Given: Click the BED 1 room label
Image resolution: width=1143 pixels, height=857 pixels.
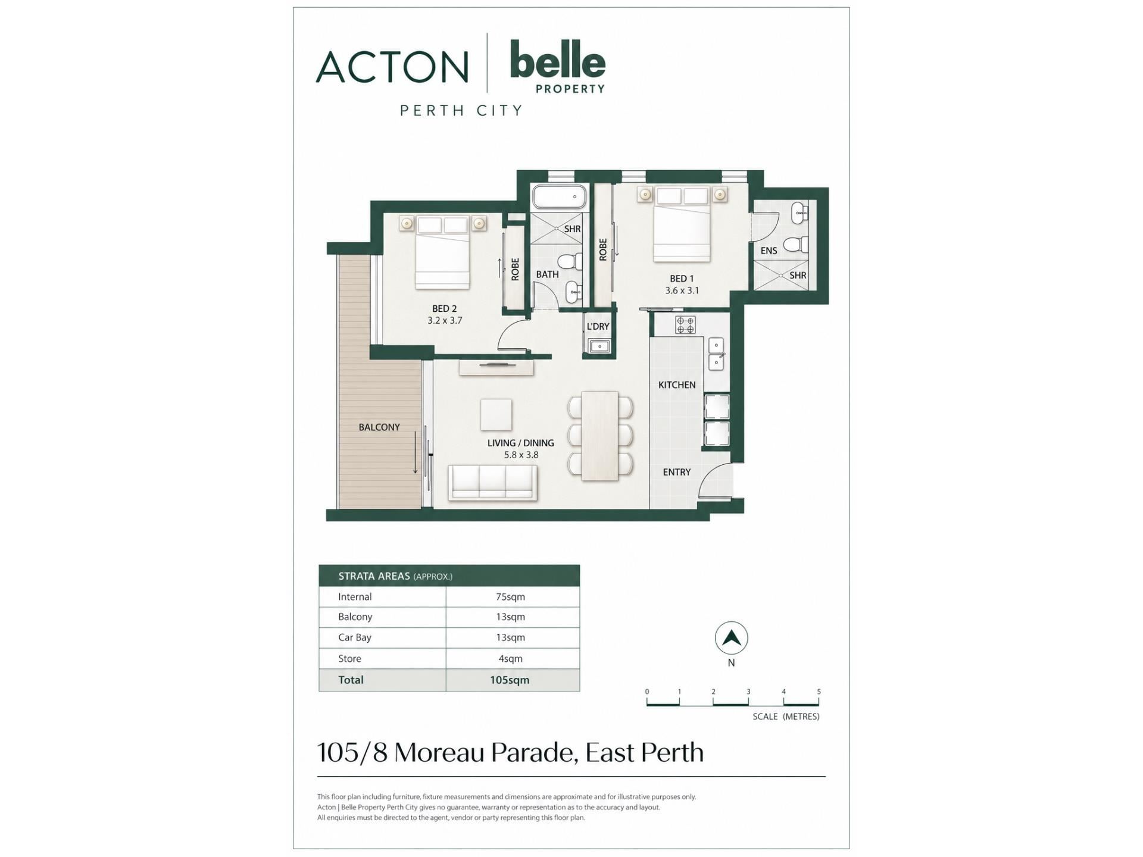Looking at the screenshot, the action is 682,279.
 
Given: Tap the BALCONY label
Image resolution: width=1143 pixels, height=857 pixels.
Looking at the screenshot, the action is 379,427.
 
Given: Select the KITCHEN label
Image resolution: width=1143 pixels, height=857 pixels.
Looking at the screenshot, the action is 677,385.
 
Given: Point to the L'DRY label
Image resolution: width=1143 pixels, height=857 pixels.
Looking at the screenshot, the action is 598,326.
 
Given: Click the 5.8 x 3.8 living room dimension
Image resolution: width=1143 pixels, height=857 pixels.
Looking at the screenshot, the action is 521,455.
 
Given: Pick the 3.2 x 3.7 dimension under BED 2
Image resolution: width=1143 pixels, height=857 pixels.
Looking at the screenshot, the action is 445,320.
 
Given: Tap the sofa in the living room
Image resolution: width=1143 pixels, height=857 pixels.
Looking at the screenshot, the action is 494,481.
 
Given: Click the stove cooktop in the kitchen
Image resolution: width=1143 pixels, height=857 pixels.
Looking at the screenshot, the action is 685,325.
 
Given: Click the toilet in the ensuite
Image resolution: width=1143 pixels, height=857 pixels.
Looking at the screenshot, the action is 796,245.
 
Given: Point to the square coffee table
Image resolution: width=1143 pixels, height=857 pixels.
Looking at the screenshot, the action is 496,415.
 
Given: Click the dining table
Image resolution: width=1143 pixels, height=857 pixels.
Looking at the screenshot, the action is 599,435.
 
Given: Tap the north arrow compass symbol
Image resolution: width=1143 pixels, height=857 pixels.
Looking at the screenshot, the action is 731,638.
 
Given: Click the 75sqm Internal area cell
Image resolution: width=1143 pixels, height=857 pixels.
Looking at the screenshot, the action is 510,597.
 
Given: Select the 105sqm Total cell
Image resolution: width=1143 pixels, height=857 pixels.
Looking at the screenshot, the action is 510,680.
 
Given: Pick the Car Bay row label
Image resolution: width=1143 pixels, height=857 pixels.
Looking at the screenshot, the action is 355,637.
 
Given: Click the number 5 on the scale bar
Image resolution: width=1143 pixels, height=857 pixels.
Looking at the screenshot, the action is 819,692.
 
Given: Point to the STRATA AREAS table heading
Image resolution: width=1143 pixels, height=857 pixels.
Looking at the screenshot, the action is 374,576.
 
